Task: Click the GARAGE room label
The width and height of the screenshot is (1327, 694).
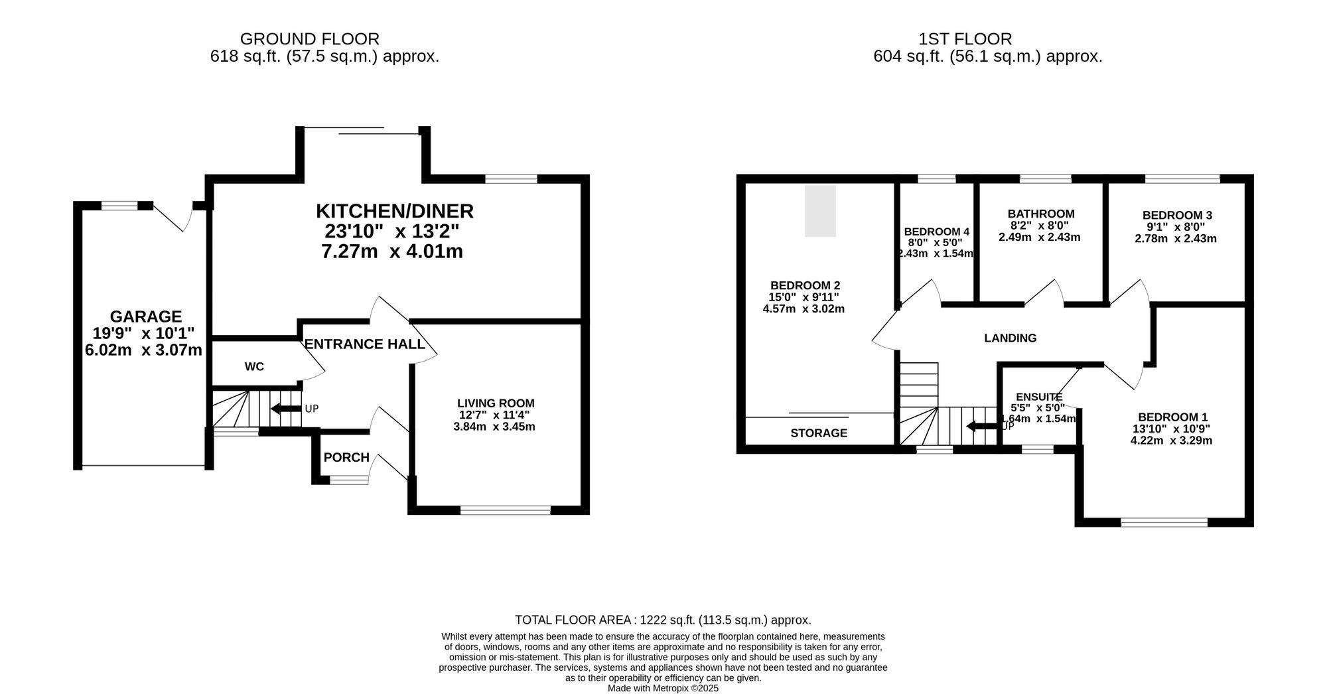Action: (145, 316)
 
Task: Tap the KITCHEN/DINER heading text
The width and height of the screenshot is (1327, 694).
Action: (394, 211)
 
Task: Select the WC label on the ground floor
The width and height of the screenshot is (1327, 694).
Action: (254, 367)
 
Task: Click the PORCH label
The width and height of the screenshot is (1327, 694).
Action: (346, 457)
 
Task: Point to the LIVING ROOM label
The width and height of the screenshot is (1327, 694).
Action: (495, 403)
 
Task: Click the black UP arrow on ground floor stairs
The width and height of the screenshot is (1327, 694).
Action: (286, 409)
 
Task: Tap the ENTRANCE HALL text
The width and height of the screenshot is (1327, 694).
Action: (364, 344)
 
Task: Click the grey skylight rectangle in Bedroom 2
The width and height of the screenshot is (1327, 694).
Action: (820, 211)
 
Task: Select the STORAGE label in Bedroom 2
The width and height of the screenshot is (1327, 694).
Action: (819, 433)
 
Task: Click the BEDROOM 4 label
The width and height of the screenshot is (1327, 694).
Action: (936, 232)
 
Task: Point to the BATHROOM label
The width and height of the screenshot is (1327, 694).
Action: (1040, 214)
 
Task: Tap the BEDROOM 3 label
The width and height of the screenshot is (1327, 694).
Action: (1176, 215)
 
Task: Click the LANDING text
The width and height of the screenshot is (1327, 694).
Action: (1010, 338)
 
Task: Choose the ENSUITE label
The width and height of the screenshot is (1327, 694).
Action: (1038, 397)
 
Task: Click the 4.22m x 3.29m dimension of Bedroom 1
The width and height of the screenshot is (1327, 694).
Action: (1170, 440)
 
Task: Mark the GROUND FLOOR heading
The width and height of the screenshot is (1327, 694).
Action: (309, 39)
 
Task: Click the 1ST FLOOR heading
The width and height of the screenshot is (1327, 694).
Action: (965, 39)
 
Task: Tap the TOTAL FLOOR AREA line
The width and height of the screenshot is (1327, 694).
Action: (663, 620)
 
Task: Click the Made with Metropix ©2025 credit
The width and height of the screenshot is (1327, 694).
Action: (663, 688)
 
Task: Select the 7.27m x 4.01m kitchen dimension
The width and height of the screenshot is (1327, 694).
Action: (391, 252)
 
